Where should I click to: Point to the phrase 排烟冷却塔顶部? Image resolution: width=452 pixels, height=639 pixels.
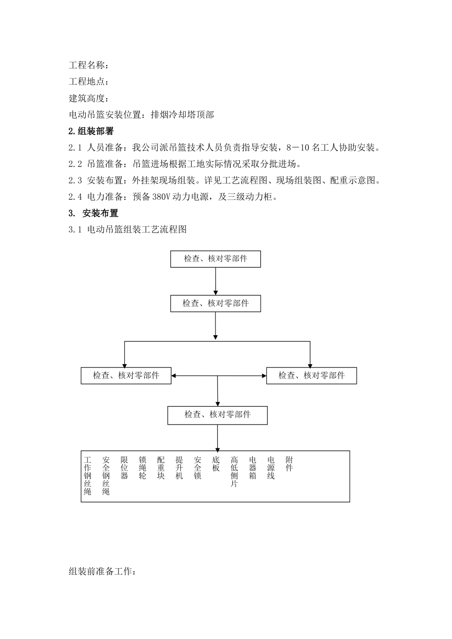[182, 115]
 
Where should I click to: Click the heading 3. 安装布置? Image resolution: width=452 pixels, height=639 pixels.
[94, 213]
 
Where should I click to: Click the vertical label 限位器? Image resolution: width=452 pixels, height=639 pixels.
[124, 468]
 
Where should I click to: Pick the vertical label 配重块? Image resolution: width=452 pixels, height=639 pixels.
[161, 468]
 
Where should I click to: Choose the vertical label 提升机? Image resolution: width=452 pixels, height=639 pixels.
[179, 468]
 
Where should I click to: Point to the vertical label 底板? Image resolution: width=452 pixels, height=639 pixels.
[216, 464]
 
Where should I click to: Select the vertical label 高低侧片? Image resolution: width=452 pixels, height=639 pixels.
[234, 472]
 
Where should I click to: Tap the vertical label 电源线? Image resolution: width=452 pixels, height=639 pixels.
[271, 468]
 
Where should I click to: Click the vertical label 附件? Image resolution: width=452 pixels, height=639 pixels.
[289, 464]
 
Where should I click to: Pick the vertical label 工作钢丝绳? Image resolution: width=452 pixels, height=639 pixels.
[88, 476]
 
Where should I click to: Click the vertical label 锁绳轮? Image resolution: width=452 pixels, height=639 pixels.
[142, 468]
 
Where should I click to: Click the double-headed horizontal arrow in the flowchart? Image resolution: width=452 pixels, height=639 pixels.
[219, 376]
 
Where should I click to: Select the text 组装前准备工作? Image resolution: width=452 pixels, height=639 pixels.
[102, 571]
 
